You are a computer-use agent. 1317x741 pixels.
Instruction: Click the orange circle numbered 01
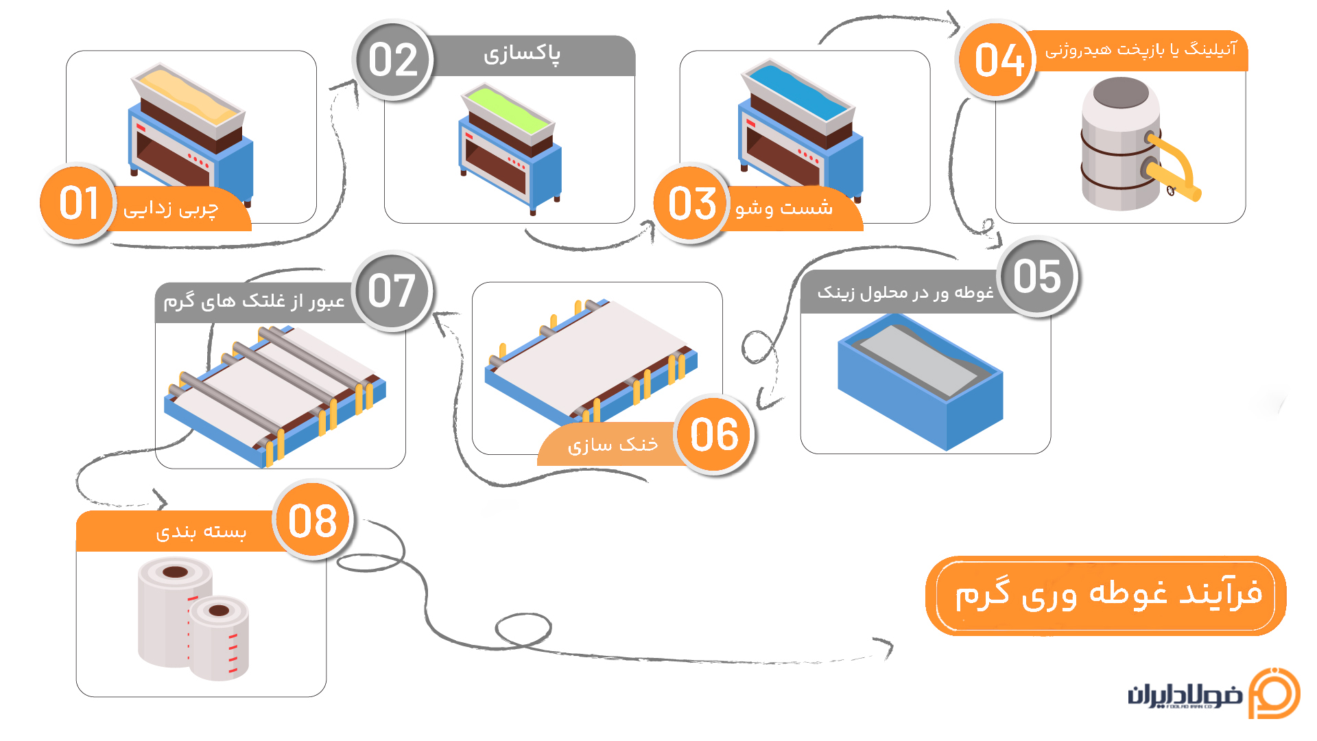78,203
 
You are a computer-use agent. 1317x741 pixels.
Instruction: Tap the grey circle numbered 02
393,60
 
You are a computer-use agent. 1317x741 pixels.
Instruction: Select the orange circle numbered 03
691,203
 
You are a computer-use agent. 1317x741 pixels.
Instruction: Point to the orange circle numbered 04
998,60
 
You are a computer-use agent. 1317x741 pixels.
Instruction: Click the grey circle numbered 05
1037,277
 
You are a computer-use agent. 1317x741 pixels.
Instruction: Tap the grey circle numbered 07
392,291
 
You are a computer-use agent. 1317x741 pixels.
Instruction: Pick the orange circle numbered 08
313,521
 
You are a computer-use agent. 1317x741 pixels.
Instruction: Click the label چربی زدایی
171,208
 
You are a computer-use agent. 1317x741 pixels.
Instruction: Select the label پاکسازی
522,54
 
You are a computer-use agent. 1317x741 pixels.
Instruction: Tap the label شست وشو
784,207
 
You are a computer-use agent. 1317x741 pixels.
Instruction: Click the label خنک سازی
612,445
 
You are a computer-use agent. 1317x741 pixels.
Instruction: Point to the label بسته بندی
201,532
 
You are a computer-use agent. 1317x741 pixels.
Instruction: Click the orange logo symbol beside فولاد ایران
1274,693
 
